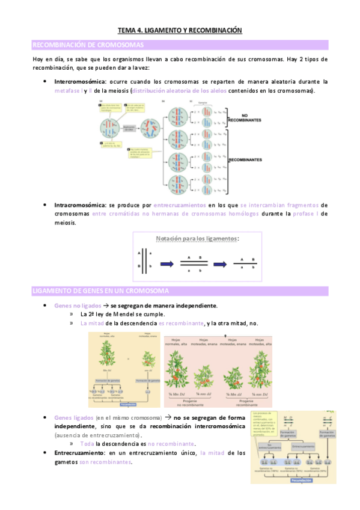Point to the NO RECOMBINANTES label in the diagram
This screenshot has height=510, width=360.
pyautogui.click(x=245, y=117)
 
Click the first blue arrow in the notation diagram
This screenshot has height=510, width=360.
pyautogui.click(x=167, y=263)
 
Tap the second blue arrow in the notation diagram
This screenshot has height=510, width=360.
pyautogui.click(x=223, y=263)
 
